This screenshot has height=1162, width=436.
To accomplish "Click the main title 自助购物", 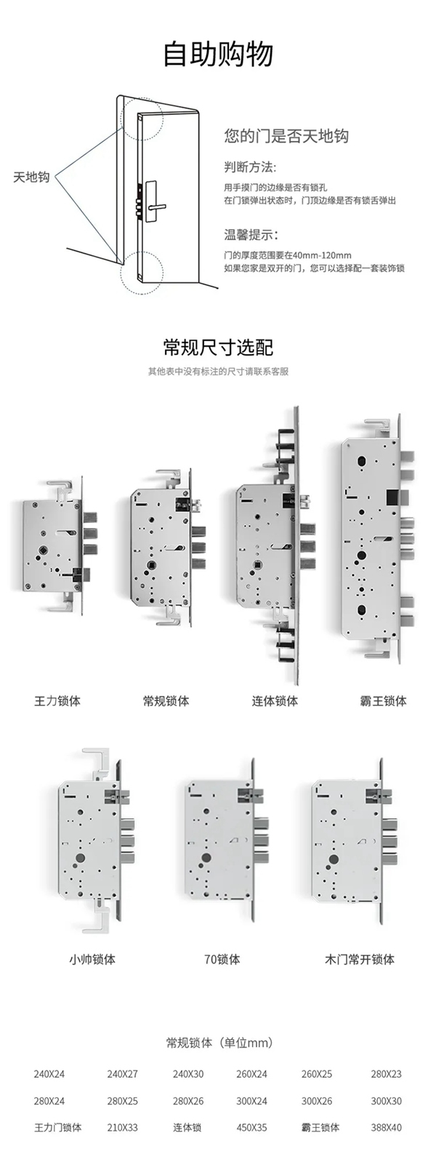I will [218, 55].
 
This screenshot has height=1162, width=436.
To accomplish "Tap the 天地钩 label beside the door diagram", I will [31, 177].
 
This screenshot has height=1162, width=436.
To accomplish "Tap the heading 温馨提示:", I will [251, 235].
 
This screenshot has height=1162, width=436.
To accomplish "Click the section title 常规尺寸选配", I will [218, 347].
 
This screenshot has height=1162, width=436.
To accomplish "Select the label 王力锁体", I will [57, 701].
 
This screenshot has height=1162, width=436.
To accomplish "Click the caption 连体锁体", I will [275, 701].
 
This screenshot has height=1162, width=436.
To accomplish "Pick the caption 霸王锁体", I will [383, 701].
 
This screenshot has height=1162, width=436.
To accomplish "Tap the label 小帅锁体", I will [92, 959].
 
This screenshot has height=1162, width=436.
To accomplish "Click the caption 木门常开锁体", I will [359, 959].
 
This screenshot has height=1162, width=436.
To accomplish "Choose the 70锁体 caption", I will [222, 959].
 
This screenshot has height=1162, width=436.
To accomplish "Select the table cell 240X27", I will [122, 1074].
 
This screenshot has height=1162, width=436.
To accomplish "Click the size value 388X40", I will [386, 1128].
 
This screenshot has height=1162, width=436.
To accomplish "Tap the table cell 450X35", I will [251, 1128].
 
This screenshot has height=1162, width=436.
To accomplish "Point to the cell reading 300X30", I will [386, 1101].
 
